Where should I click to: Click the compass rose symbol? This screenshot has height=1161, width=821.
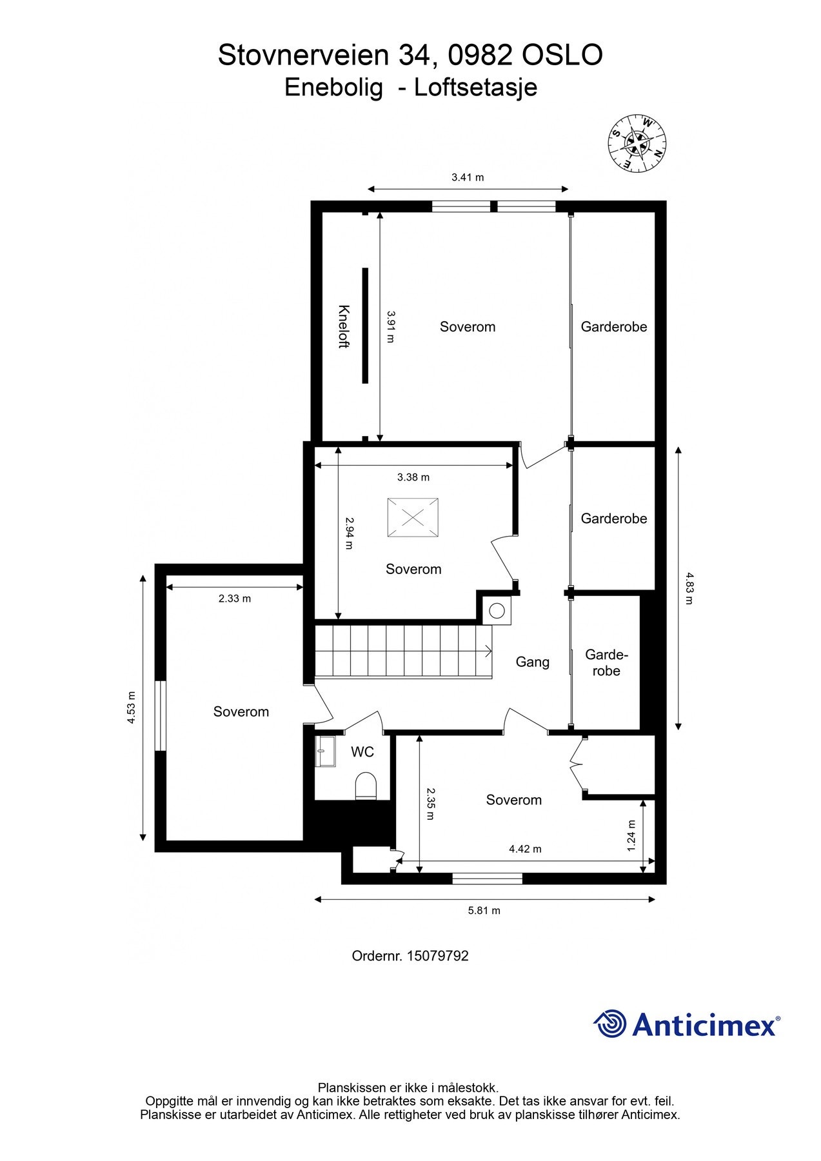pos(637,143)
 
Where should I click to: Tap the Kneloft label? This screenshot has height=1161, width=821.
pos(344,326)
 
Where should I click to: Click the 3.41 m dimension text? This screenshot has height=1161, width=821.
pos(468,177)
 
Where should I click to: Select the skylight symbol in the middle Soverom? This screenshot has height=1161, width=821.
pos(413,517)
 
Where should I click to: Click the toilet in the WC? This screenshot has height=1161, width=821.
pos(366,786)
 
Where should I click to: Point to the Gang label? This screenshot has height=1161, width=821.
pos(532,662)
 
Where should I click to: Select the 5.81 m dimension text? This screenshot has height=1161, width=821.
pos(484,911)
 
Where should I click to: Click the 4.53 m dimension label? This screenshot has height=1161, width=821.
pos(132,708)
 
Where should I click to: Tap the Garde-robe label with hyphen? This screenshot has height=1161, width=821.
pos(606,663)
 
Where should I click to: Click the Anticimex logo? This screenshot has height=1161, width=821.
pos(686,1024)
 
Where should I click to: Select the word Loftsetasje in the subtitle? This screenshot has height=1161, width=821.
pos(475,87)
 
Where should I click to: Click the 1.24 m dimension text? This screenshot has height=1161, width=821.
pos(631,835)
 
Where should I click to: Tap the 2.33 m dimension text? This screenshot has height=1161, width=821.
pos(235,599)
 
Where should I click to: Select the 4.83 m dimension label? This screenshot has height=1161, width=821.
pos(689,588)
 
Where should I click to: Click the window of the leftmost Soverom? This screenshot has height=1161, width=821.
pos(161,715)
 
